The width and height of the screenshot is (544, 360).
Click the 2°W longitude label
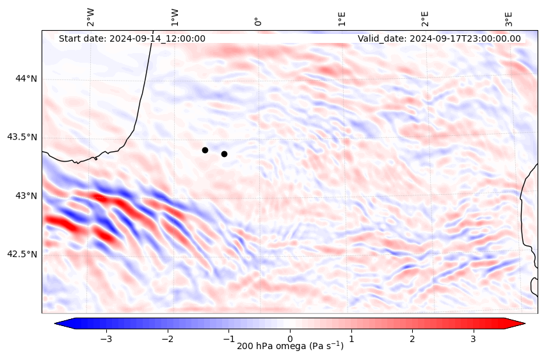[x=91, y=17]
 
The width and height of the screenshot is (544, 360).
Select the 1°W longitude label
[x=175, y=17]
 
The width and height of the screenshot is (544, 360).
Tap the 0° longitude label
[x=258, y=21]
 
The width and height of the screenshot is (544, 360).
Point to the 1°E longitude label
[x=342, y=18]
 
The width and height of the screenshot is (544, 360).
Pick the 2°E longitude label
[x=425, y=18]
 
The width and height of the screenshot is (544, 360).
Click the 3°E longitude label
[x=509, y=18]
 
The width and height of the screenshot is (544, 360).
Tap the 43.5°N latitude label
[x=22, y=137]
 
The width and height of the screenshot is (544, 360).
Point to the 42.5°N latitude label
[x=22, y=254]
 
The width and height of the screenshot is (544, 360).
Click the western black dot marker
[x=205, y=150]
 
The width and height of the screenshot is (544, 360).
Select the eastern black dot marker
[x=224, y=154]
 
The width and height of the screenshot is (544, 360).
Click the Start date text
[x=132, y=38]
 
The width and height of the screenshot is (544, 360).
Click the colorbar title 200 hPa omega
[x=290, y=347]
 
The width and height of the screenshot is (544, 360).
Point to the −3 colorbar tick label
[x=106, y=338]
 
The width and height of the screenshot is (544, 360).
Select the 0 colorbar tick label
[x=290, y=338]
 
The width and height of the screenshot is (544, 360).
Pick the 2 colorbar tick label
[x=412, y=338]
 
